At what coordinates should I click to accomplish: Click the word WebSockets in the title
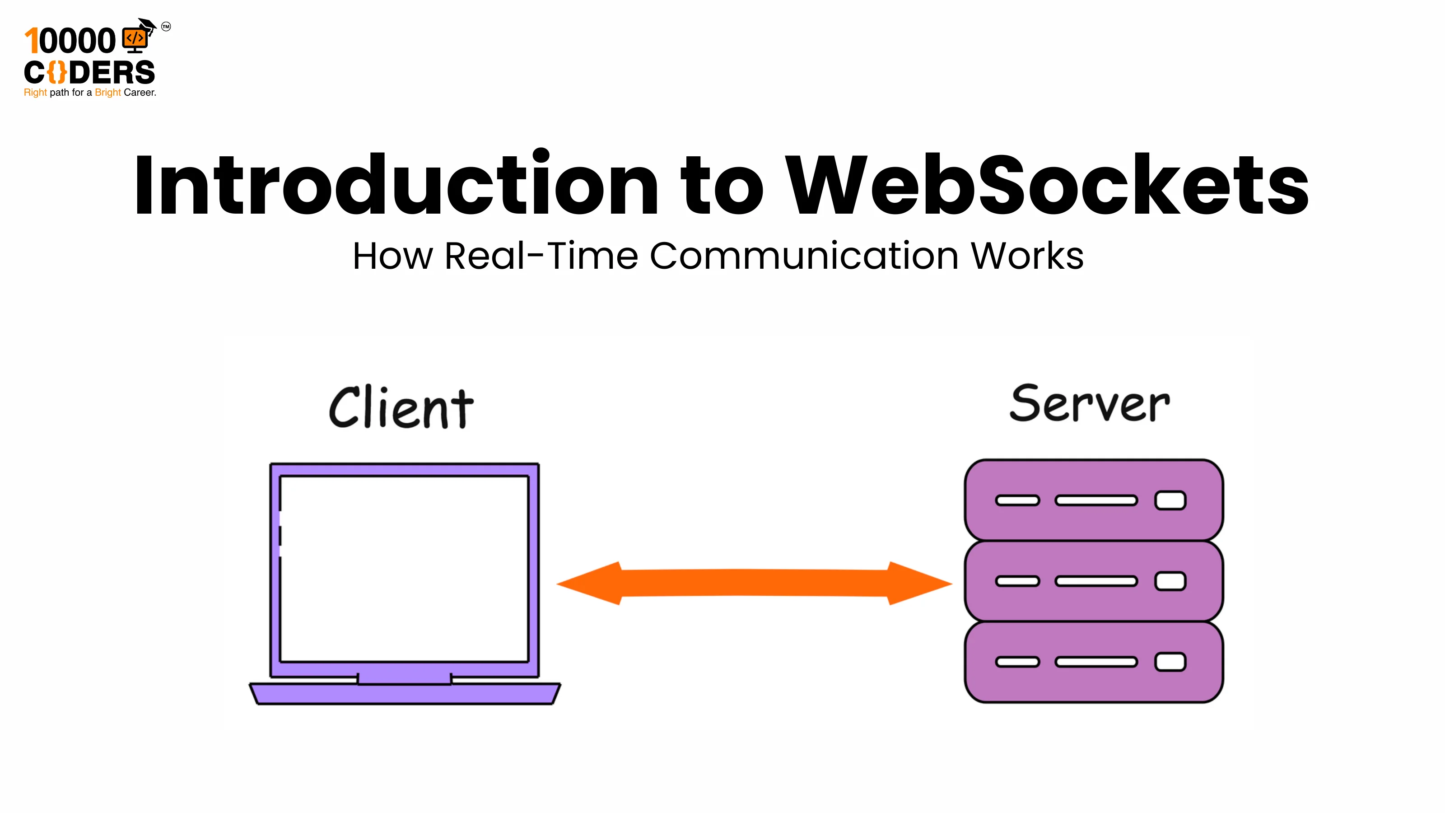tap(1046, 185)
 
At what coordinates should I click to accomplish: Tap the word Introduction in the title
tap(396, 185)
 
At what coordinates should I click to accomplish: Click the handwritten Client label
tap(401, 408)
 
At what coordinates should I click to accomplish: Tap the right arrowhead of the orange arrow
tap(920, 584)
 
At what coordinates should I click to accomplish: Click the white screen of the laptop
tap(404, 568)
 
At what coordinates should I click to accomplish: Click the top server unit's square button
tap(1170, 500)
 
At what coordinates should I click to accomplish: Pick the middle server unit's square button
tap(1170, 581)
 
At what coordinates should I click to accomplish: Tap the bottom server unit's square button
tap(1170, 662)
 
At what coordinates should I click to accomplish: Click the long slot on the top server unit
tap(1095, 500)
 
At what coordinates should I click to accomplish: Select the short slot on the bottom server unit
tap(1017, 662)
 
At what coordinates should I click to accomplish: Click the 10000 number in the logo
tap(70, 42)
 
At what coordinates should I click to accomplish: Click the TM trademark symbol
tap(166, 26)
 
